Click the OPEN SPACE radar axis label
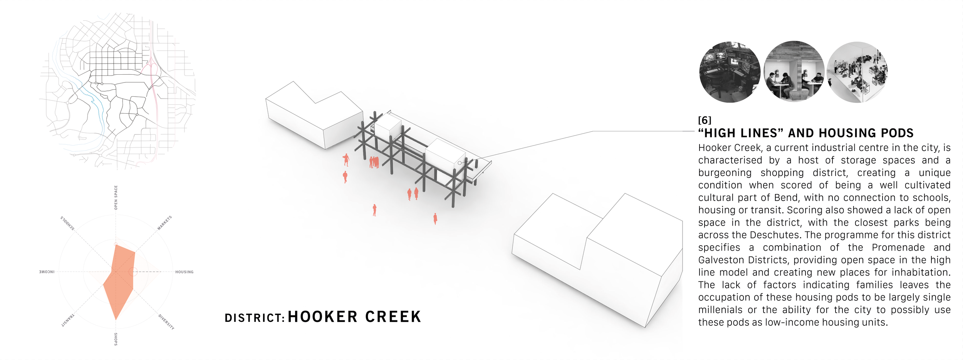point(116,198)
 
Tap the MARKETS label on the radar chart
point(164,223)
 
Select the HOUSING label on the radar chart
point(184,272)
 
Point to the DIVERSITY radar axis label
point(166,322)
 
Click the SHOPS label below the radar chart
point(116,339)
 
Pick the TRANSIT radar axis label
point(68,320)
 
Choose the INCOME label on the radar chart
point(47,272)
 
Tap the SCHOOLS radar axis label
point(67,223)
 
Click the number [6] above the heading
point(705,120)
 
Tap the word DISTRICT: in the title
point(255,318)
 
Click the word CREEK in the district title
point(393,317)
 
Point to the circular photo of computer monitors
point(729,72)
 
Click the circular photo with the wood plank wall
point(794,72)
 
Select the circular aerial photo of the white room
point(857,72)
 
